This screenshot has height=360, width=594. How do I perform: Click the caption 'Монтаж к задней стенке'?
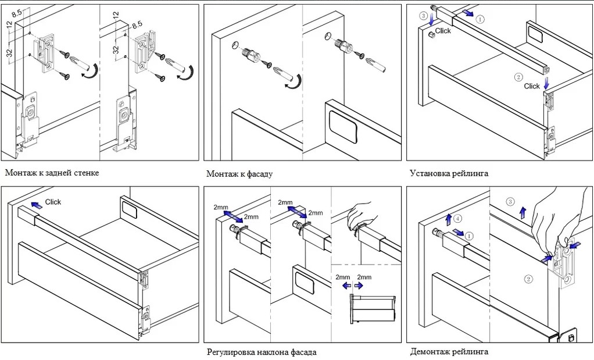click(52, 173)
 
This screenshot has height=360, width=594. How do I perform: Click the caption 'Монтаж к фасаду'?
click(239, 174)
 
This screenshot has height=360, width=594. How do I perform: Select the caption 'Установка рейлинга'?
click(449, 173)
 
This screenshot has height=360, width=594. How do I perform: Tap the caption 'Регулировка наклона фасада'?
click(262, 352)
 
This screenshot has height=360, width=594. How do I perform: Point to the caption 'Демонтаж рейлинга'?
click(449, 352)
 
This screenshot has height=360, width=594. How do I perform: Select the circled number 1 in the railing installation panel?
click(480, 19)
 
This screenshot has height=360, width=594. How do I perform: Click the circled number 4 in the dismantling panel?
click(458, 219)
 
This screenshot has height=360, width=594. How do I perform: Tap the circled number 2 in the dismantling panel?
click(528, 279)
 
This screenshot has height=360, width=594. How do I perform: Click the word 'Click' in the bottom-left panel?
click(53, 202)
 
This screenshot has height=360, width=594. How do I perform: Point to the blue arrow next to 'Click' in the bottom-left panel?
click(36, 204)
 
